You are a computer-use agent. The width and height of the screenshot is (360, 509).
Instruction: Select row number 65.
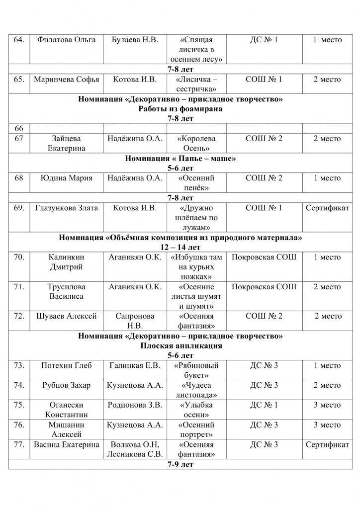pos(19,79)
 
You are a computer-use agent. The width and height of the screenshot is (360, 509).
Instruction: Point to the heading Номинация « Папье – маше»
pos(180,159)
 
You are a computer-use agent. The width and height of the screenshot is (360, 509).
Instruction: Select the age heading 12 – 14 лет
pos(180,247)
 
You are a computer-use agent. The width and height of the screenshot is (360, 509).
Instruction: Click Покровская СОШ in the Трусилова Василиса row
pos(264,286)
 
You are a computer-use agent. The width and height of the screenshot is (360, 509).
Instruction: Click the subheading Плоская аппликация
pos(180,345)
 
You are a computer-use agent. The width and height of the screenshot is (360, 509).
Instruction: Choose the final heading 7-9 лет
pos(180,464)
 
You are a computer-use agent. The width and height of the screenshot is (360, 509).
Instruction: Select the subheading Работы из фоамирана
pos(180,109)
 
